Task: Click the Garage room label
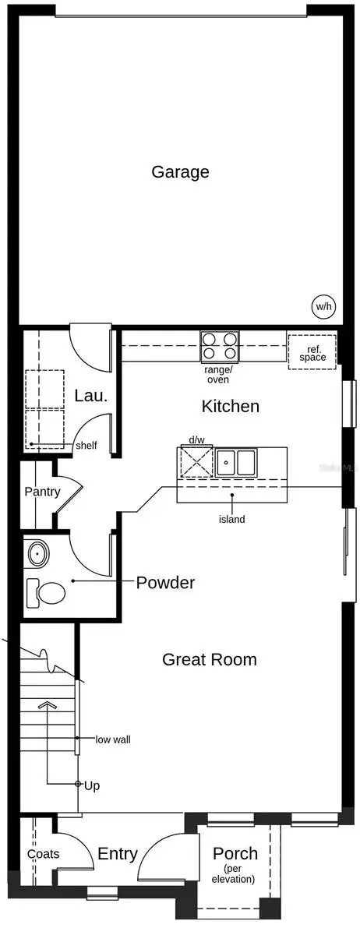[x=180, y=171]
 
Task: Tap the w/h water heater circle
[x=323, y=306]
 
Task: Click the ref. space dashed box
[x=312, y=351]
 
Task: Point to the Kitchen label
[x=230, y=406]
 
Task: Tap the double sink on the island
[x=236, y=463]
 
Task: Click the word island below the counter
[x=231, y=519]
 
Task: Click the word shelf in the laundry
[x=86, y=446]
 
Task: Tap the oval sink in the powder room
[x=37, y=554]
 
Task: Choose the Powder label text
[x=165, y=582]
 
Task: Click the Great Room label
[x=209, y=659]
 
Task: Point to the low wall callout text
[x=112, y=739]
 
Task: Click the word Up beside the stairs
[x=91, y=785]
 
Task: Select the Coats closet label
[x=42, y=854]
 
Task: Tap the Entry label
[x=118, y=854]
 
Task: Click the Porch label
[x=235, y=854]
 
